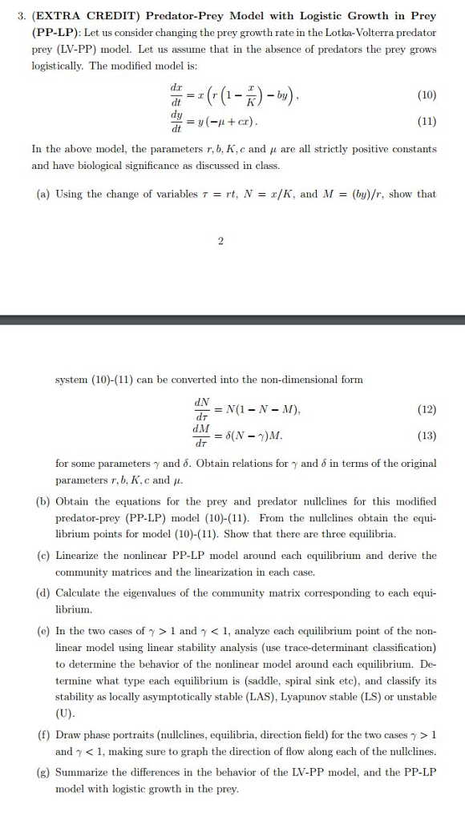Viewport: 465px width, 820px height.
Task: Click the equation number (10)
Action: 426,93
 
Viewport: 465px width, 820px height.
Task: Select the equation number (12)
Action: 426,409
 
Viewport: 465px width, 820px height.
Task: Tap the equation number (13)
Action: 426,436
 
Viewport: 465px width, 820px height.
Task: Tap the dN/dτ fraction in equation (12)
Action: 196,409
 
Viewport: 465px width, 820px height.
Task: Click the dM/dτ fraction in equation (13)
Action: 196,436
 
